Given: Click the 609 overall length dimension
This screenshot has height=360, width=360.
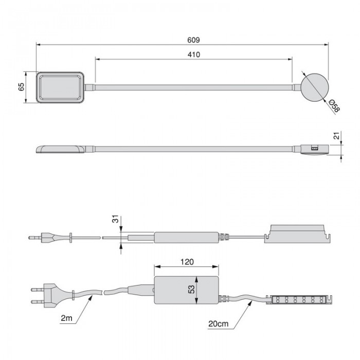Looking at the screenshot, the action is tap(193, 40).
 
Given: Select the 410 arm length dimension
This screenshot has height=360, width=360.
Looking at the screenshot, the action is tap(194, 55).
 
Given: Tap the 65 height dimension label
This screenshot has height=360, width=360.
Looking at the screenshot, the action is tap(21, 87).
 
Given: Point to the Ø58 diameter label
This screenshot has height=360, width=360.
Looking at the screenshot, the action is tap(334, 106).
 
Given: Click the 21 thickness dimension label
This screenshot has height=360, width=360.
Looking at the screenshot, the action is tap(336, 136).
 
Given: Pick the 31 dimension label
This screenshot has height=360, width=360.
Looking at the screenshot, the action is tap(116, 219).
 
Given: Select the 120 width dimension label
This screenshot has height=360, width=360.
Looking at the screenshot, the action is tap(187, 262).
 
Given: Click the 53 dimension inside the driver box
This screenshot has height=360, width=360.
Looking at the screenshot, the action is tap(191, 289).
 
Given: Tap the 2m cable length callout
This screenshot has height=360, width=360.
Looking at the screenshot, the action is tap(66, 318).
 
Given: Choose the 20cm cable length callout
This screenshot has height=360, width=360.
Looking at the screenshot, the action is tap(219, 323).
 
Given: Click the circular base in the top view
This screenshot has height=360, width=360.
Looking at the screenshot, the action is tap(315, 87).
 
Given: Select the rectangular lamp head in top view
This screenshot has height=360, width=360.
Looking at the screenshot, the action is tap(60, 87).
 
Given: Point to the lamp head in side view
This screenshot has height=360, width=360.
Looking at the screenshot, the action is tap(61, 149).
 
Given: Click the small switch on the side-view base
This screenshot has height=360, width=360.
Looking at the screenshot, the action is tap(314, 148).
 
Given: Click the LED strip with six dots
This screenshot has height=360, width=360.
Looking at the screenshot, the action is tap(299, 300).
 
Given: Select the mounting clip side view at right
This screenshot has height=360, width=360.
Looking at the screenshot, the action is tap(298, 233).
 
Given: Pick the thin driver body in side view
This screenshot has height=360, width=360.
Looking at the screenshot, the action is tap(186, 238).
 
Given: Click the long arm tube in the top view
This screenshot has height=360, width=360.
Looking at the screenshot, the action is tap(193, 87).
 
